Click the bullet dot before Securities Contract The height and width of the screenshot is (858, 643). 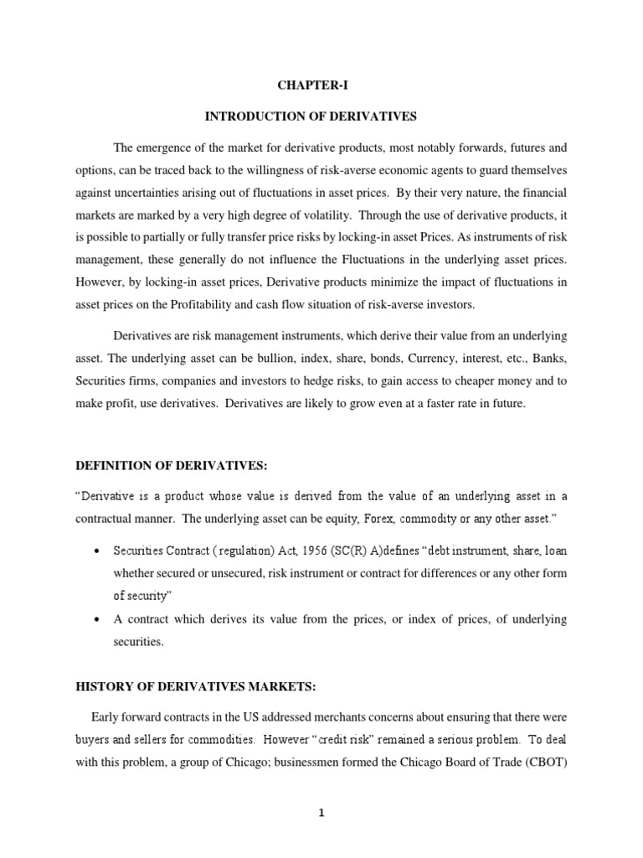pos(97,553)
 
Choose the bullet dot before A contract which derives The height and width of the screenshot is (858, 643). pos(97,619)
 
